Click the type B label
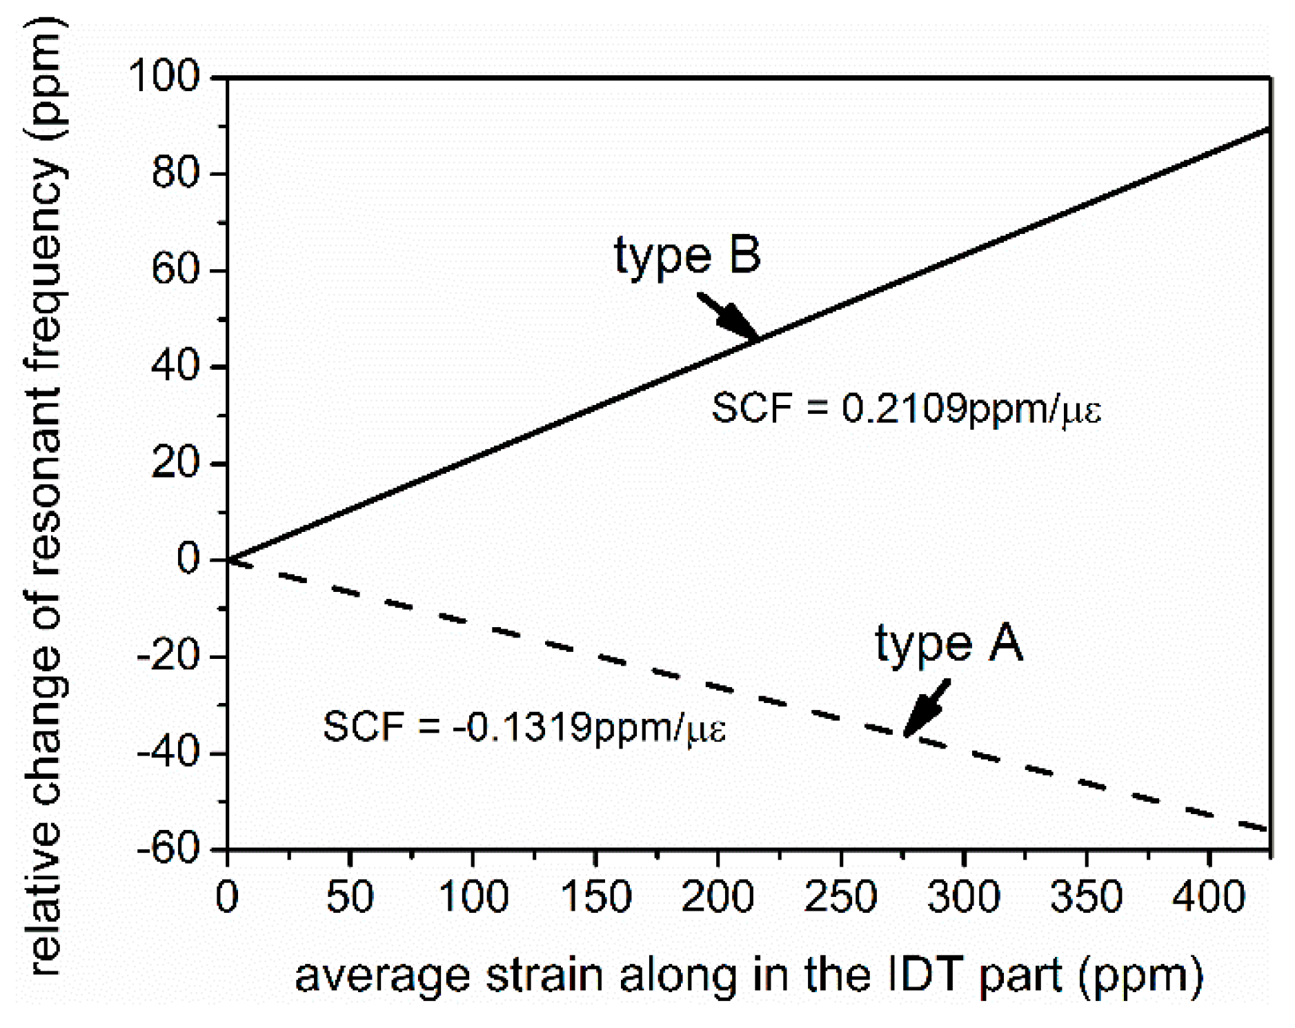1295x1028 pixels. click(687, 256)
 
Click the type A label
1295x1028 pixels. click(949, 644)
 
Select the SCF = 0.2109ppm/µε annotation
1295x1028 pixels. click(906, 408)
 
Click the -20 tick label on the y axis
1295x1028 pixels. click(172, 656)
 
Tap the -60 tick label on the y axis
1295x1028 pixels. click(172, 849)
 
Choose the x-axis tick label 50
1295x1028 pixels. click(350, 897)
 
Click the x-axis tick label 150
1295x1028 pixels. click(595, 897)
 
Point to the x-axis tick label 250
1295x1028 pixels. click(840, 897)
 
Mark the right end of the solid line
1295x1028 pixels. click(1269, 128)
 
